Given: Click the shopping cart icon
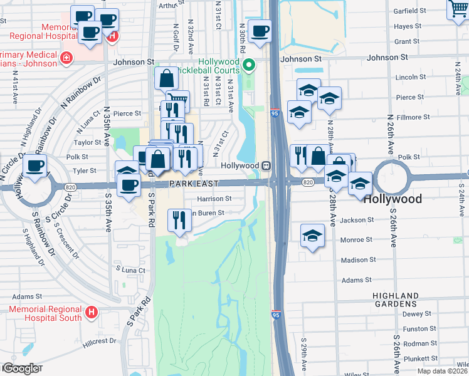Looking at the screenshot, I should click(458, 9).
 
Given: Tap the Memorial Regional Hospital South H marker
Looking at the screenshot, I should click(92, 311).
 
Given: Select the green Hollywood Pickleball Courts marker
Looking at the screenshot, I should click(249, 65).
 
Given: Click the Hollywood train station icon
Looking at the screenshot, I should click(266, 165).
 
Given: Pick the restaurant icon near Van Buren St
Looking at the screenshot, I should click(179, 220).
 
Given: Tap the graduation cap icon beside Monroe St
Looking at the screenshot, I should click(311, 236).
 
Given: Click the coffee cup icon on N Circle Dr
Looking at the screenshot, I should click(35, 167).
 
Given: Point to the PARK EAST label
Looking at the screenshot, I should click(193, 183).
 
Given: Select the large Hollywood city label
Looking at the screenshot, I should click(393, 199).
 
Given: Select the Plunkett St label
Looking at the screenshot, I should click(420, 358).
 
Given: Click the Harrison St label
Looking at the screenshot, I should click(214, 199).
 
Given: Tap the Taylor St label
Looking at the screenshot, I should click(88, 142).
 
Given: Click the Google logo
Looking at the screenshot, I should click(21, 368).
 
